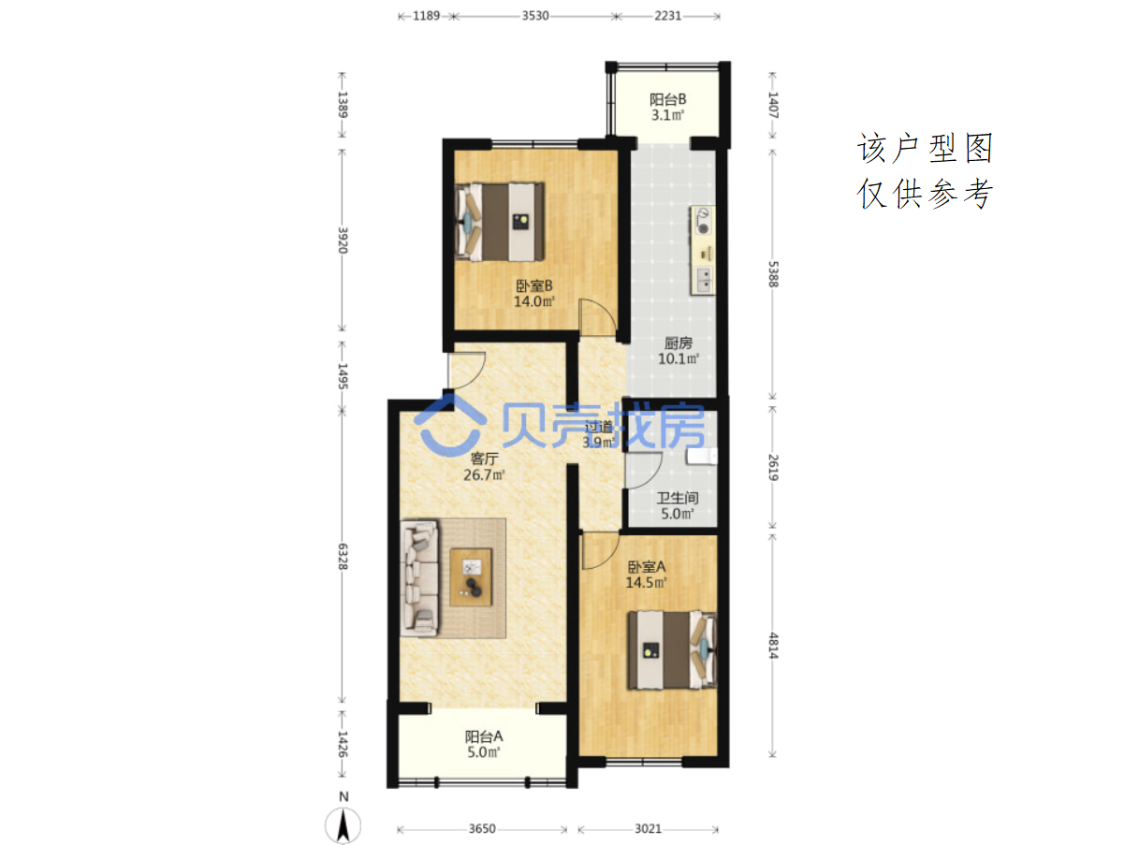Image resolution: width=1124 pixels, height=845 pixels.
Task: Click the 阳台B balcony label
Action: [x=667, y=99]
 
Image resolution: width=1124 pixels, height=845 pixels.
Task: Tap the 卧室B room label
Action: [x=533, y=285]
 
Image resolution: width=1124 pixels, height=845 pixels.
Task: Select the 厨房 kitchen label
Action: [x=678, y=342]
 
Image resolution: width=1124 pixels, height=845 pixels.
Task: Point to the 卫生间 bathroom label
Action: [x=677, y=498]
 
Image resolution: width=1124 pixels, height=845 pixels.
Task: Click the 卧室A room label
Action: [x=647, y=566]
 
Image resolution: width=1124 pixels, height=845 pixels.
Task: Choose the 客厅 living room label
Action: [x=484, y=459]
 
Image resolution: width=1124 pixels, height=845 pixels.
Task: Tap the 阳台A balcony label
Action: [x=484, y=736]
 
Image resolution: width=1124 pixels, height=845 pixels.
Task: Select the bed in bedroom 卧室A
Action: [x=672, y=649]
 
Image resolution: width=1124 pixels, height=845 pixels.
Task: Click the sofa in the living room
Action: [x=419, y=578]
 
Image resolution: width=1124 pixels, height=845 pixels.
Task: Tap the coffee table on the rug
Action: [x=471, y=576]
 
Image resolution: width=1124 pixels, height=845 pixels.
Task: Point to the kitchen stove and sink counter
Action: [x=703, y=250]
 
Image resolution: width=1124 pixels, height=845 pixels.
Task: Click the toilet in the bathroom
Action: [x=702, y=456]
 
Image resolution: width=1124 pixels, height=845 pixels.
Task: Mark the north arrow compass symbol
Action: [x=343, y=824]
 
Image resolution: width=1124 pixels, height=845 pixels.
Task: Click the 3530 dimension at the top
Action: [x=535, y=16]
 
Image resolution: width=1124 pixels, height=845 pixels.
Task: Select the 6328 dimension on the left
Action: [x=343, y=557]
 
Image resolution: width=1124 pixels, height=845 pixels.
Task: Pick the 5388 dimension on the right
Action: [x=773, y=274]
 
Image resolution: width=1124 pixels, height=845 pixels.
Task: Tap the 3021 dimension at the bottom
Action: [x=648, y=828]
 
